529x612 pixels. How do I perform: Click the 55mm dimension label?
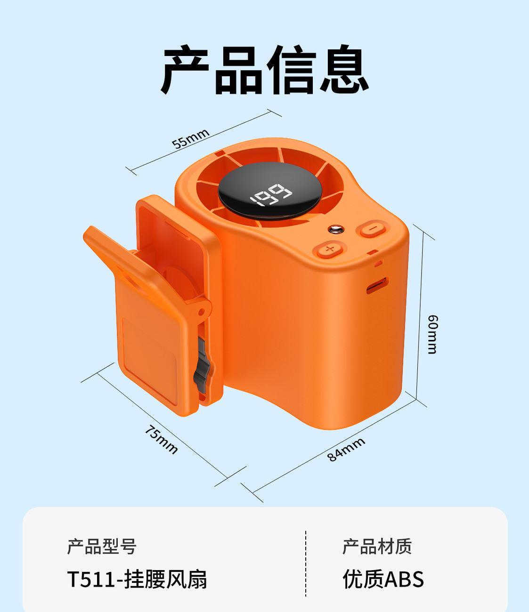click(190, 138)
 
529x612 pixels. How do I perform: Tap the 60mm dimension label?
click(433, 334)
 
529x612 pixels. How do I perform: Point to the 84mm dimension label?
click(346, 450)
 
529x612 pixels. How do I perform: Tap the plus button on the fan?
click(330, 249)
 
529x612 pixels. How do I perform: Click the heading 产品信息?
click(265, 70)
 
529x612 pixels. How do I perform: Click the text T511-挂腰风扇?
click(137, 580)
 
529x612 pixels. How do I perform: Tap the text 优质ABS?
click(383, 580)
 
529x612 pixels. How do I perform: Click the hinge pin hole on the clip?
click(202, 312)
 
